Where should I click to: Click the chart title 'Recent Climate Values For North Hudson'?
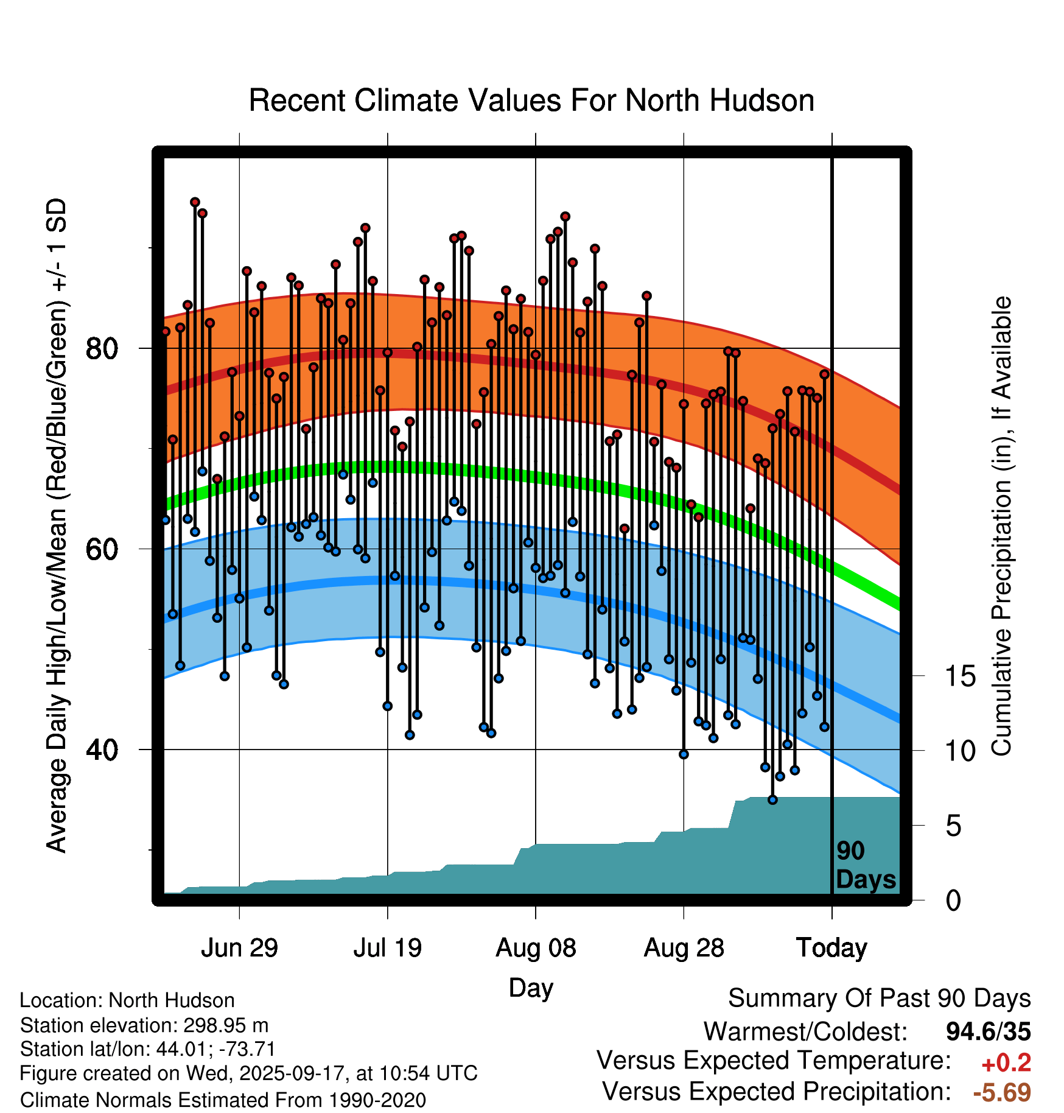click(531, 100)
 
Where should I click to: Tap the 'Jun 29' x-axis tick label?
click(239, 948)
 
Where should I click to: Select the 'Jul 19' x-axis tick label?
click(388, 948)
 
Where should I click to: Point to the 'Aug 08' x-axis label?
click(536, 948)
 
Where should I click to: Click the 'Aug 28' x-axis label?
click(684, 948)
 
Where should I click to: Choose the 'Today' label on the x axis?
click(831, 948)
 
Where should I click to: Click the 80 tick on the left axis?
click(102, 349)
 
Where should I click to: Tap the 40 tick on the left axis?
click(102, 750)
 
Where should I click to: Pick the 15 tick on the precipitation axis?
click(960, 676)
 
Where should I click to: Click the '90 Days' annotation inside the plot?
click(866, 865)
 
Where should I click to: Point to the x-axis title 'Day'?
click(531, 988)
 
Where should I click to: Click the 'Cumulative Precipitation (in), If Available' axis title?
click(1001, 526)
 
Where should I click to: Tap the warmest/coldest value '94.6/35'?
click(989, 1031)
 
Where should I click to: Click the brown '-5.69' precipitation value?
click(1002, 1092)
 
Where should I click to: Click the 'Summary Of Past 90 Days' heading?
click(879, 999)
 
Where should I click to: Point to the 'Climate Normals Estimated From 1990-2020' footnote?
click(223, 1100)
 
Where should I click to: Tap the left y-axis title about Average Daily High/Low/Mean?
click(57, 526)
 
